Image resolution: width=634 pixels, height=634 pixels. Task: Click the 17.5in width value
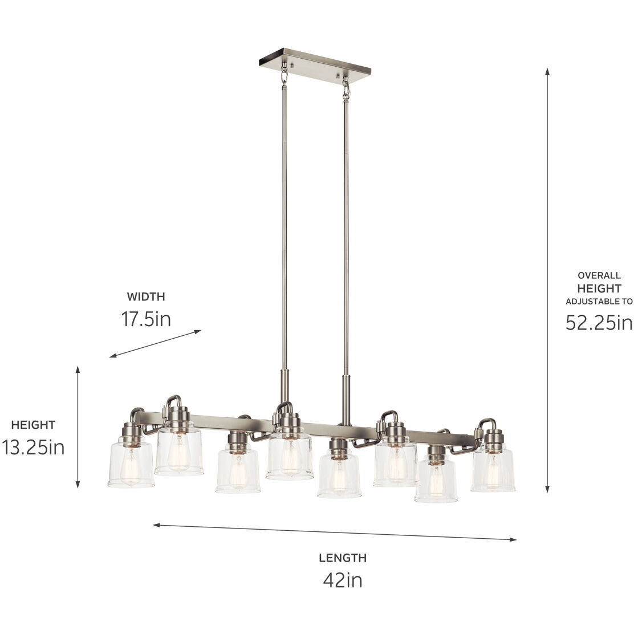145,318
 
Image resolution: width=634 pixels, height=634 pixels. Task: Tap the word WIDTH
145,296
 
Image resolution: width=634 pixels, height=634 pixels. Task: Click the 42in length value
342,580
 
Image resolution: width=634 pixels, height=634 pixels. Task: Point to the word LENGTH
342,558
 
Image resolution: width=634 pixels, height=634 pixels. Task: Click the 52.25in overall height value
599,323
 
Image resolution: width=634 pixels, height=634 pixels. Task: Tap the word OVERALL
599,275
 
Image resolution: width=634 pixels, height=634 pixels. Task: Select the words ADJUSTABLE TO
599,301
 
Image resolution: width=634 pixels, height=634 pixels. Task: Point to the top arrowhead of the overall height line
547,71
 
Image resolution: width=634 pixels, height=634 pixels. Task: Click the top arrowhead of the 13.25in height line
78,369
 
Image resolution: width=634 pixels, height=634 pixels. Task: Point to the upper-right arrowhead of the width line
198,331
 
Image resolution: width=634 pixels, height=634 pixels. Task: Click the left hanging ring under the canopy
284,73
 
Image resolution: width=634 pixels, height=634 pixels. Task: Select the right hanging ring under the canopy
346,89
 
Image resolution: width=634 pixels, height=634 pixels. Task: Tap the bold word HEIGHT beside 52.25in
599,288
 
